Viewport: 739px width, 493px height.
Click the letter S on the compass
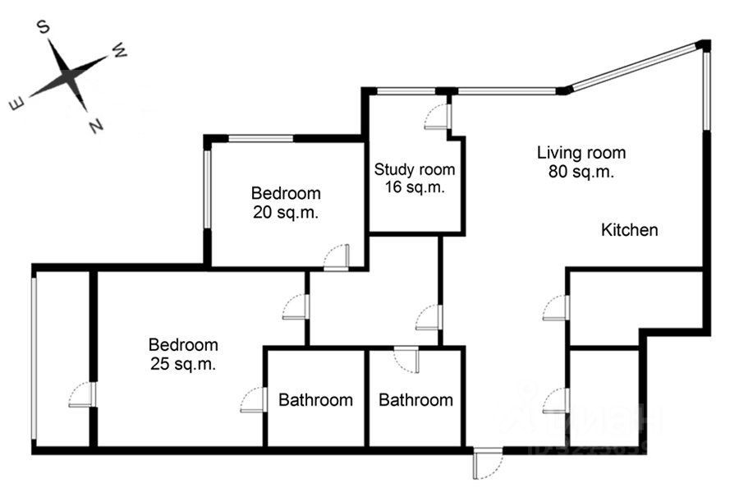pos(45,29)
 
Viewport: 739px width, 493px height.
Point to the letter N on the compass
pos(96,126)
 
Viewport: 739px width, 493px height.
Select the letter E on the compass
pos(16,104)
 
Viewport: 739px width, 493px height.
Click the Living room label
pos(581,152)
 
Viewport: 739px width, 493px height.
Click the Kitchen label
pos(630,230)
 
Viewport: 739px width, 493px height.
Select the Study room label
pos(415,170)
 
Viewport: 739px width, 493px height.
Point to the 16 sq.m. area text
pos(415,187)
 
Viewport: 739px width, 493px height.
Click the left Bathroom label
pos(316,400)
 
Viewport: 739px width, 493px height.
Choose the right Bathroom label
pos(415,400)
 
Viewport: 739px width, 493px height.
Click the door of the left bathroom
pos(254,400)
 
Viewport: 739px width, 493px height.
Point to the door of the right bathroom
pos(406,359)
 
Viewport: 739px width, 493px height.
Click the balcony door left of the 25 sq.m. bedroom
pos(83,395)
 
